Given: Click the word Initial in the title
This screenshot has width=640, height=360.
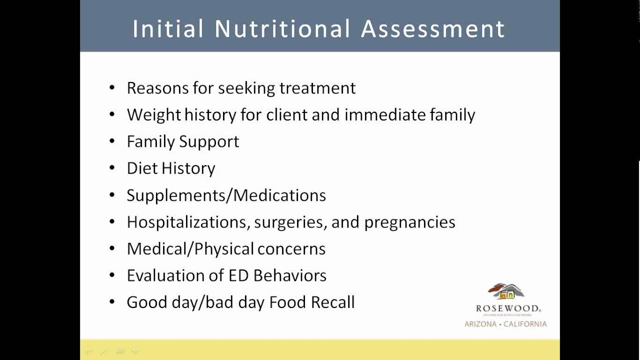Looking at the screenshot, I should (167, 28).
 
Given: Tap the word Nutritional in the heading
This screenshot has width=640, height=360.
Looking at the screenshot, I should (282, 28).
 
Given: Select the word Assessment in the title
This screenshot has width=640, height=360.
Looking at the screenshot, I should (433, 28).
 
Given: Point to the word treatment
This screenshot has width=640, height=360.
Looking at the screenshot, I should (317, 88).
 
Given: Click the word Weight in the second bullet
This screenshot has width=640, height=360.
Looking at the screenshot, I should (153, 115).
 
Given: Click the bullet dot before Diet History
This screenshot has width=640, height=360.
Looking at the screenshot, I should (112, 168).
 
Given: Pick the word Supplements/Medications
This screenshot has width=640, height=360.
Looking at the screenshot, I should (226, 195).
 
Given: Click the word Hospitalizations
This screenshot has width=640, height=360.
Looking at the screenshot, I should (188, 222).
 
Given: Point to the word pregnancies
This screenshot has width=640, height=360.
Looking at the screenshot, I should (409, 222).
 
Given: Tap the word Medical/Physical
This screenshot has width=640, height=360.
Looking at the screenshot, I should (190, 249).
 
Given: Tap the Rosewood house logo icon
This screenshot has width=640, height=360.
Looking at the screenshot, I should (506, 291).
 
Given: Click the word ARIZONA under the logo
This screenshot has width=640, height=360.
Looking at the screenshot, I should (480, 324).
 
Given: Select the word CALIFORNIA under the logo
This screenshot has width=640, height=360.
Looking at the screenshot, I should (525, 324).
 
